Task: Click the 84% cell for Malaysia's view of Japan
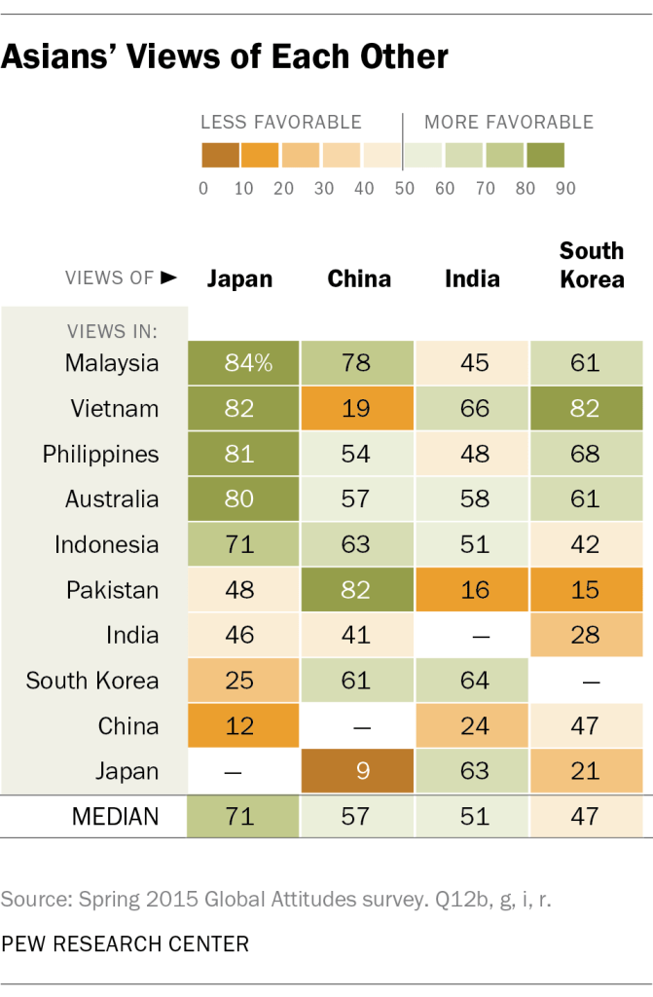click(242, 363)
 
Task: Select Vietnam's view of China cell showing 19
click(356, 409)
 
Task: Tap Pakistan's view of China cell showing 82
click(356, 590)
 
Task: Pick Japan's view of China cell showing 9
click(356, 771)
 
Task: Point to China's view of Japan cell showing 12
click(242, 726)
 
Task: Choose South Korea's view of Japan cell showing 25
click(242, 681)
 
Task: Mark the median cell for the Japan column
click(242, 816)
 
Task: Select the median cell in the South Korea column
click(586, 816)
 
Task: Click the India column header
click(472, 279)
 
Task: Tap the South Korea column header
click(592, 265)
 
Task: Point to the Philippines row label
click(100, 455)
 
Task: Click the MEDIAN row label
click(115, 816)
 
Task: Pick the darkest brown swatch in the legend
click(221, 156)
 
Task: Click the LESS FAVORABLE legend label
click(281, 123)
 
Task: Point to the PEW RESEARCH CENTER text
click(125, 943)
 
